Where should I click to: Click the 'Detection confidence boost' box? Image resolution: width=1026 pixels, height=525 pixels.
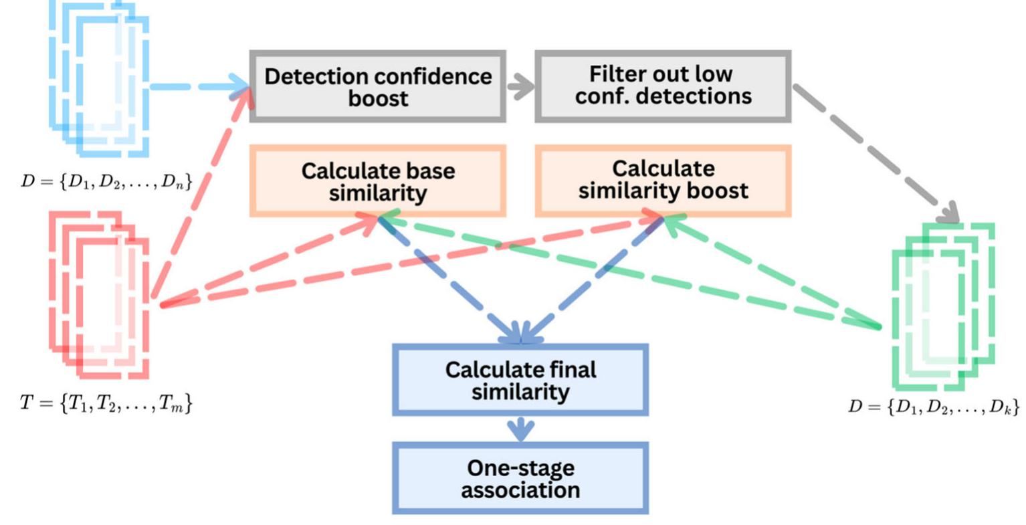tap(378, 86)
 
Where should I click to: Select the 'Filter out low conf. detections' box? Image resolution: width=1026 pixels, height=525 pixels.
tap(663, 86)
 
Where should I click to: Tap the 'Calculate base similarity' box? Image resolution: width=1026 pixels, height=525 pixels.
tap(378, 181)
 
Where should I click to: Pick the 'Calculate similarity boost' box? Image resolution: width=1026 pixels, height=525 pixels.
tap(663, 181)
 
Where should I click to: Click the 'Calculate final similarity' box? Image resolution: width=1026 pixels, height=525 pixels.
tap(520, 380)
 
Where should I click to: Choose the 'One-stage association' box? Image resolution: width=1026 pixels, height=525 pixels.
tap(520, 478)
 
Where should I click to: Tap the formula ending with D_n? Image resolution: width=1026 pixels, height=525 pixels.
tap(106, 181)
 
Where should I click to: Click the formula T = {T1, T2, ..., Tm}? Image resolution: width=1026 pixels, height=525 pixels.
tap(106, 403)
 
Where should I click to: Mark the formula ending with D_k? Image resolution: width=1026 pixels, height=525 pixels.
tap(934, 406)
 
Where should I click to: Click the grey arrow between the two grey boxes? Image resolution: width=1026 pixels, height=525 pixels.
tap(520, 86)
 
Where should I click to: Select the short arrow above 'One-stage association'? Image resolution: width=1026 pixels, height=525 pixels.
tap(520, 429)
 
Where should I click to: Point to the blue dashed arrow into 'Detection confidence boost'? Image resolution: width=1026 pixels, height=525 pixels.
tap(198, 86)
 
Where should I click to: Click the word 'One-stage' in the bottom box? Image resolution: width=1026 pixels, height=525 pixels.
tap(520, 467)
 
